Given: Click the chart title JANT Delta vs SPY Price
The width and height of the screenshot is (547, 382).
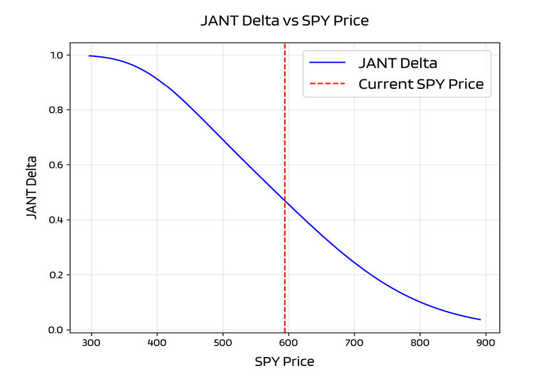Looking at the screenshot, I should tap(284, 20).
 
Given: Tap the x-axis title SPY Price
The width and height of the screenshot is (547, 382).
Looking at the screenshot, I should tap(284, 362).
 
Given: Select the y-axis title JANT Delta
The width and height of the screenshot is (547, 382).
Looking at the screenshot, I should tap(32, 187).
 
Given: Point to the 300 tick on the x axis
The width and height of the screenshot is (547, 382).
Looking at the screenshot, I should tap(91, 344).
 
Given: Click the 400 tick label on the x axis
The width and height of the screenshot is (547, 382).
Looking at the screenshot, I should tap(157, 344).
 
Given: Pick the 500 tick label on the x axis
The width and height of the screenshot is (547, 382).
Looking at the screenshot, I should tap(222, 344).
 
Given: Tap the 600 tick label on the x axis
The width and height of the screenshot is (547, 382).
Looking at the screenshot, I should tap(288, 344).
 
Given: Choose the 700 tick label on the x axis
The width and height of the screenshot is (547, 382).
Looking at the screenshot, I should tap(354, 344).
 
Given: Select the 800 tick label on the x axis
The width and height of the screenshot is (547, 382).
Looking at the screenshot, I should tap(420, 344).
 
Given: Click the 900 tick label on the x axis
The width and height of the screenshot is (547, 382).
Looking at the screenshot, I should tap(485, 344).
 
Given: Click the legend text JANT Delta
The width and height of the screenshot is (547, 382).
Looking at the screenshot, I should tap(397, 63).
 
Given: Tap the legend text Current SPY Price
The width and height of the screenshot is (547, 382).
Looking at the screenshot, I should tap(421, 84).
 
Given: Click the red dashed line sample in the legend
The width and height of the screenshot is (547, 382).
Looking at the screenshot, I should tap(327, 84).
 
